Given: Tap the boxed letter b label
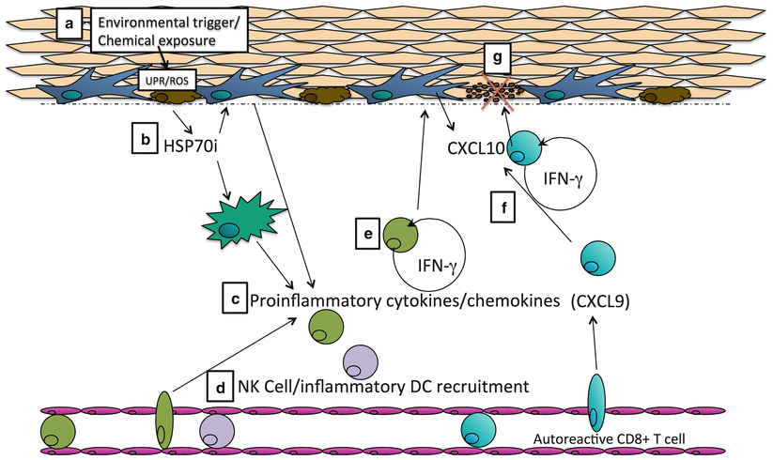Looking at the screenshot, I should tap(146, 139).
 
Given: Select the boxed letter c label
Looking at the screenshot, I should tap(234, 299).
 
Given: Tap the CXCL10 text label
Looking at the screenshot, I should tap(476, 147).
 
